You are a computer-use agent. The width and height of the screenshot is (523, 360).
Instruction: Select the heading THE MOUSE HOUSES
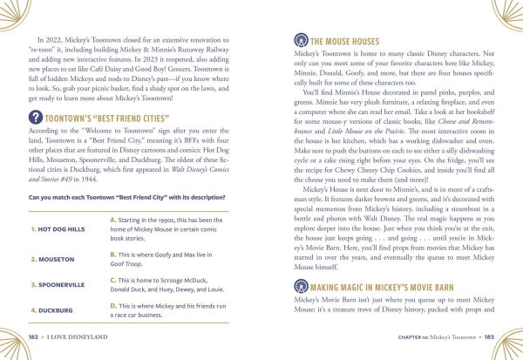pos(343,41)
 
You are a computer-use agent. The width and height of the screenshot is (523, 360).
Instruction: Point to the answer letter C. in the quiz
pos(114,280)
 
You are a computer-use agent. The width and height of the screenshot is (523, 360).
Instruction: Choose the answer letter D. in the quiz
pos(114,305)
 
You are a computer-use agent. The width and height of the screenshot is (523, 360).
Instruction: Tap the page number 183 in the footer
pos(489,336)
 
